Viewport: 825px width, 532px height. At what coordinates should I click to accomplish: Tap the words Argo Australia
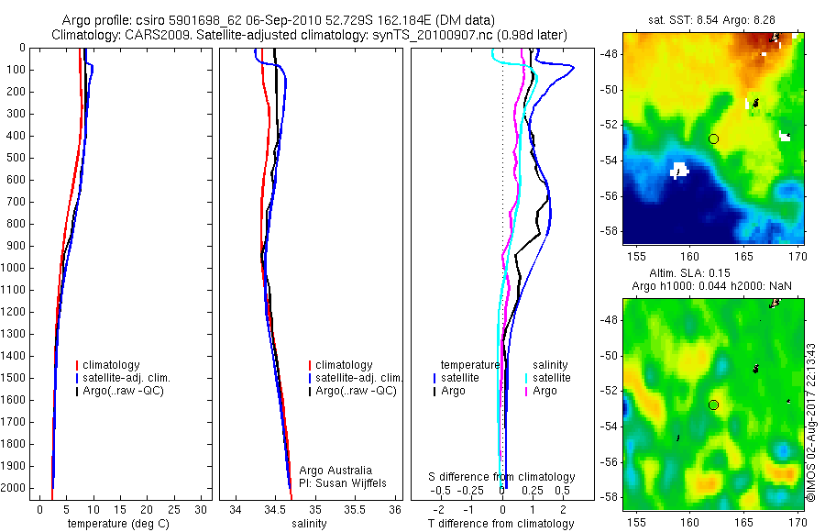336,471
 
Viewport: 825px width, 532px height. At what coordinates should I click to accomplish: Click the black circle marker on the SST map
713,139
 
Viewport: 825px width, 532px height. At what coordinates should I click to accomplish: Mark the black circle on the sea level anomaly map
713,405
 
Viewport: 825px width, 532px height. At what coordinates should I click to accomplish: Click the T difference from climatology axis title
500,524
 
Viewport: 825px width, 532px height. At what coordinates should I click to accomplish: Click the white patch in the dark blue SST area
678,170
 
